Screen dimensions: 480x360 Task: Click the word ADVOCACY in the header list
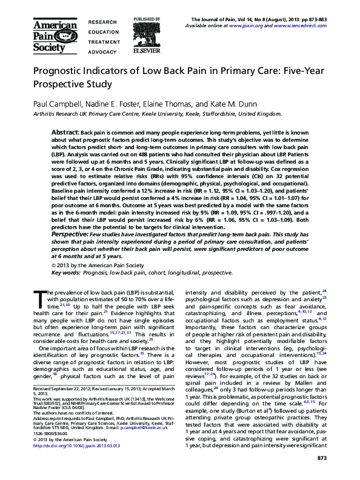(x=102, y=52)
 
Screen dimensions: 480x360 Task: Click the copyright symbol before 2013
(x=53, y=265)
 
